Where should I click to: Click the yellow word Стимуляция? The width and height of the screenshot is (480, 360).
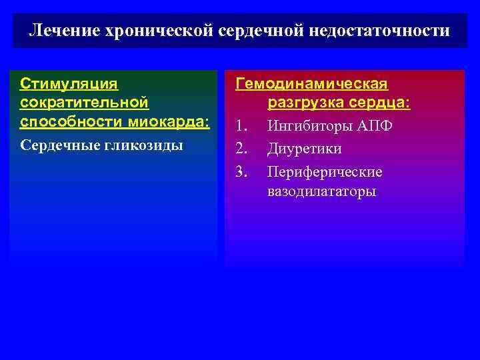coord(69,84)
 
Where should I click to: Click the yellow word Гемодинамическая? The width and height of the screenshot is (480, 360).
coord(312,84)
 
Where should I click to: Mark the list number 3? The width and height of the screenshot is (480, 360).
coord(241,172)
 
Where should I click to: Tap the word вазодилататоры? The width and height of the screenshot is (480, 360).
coord(322,192)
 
